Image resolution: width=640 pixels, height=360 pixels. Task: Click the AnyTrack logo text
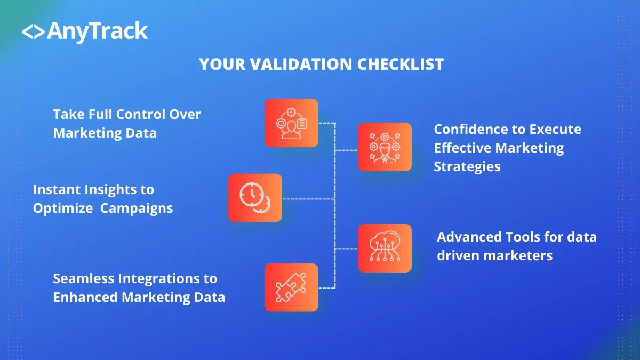coord(97,31)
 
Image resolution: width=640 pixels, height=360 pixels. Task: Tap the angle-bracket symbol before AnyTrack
coord(33,32)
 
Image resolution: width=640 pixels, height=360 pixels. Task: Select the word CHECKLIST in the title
coord(401,65)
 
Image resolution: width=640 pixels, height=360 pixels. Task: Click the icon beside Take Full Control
coord(291,123)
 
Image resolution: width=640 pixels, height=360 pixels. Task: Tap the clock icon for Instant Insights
coord(255,198)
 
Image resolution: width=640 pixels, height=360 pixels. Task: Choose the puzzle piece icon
coord(291,287)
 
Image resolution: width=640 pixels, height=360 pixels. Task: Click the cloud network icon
coord(385,249)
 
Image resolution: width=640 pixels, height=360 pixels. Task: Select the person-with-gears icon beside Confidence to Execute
coord(385,147)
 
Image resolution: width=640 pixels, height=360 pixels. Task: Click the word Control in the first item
coord(140,114)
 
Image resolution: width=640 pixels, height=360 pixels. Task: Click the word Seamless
coord(83,278)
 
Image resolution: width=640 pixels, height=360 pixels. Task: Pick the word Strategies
coord(467,166)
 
